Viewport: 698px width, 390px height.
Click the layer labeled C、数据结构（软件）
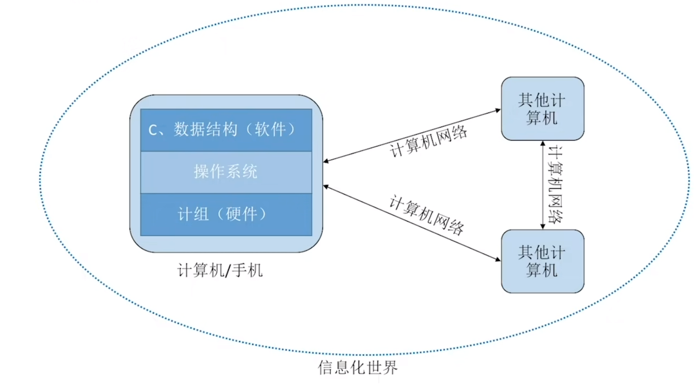[226, 130]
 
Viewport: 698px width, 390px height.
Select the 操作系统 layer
[226, 172]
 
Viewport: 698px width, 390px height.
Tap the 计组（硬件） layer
[226, 214]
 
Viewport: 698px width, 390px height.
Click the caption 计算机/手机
[220, 270]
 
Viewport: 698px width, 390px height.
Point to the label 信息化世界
[358, 367]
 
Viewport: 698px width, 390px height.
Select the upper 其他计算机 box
[542, 109]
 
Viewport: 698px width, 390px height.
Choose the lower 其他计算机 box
[542, 261]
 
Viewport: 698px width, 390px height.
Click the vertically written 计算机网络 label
[555, 185]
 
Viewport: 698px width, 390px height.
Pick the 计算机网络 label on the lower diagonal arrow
[426, 215]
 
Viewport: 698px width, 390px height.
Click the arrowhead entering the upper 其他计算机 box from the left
[498, 110]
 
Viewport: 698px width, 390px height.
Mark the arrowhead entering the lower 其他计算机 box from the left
[498, 259]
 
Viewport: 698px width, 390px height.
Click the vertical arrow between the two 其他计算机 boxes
[543, 185]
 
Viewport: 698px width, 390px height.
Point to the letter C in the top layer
[153, 131]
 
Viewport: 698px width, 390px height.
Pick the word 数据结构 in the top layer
[206, 130]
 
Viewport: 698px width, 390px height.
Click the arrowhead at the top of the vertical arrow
[543, 144]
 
